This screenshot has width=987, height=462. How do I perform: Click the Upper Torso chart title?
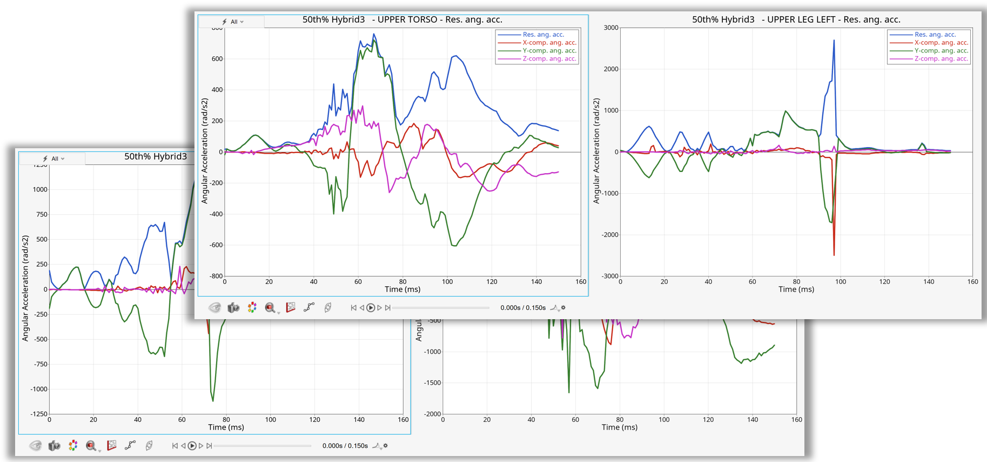(x=402, y=19)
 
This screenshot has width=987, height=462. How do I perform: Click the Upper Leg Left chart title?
(x=796, y=19)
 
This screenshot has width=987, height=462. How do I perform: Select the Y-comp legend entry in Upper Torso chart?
(x=549, y=51)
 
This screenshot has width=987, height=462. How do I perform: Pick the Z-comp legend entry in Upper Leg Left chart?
(x=941, y=59)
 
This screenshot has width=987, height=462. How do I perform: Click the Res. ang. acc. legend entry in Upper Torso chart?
(x=543, y=35)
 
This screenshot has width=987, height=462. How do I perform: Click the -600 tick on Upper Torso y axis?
(x=216, y=245)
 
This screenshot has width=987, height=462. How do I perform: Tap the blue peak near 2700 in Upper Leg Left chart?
(x=834, y=40)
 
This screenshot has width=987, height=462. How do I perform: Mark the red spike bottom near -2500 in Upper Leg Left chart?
(x=834, y=254)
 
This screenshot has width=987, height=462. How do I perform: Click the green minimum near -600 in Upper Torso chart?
(x=454, y=246)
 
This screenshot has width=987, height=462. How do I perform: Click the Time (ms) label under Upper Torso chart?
(x=402, y=289)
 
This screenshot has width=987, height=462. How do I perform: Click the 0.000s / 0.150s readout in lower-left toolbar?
(x=345, y=446)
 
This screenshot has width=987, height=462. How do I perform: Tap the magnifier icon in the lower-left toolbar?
(x=91, y=446)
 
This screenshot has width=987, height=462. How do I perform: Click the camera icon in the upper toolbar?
(x=233, y=308)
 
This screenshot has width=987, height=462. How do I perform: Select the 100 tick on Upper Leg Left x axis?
(x=840, y=282)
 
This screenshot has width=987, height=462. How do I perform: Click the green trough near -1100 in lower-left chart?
(x=213, y=401)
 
